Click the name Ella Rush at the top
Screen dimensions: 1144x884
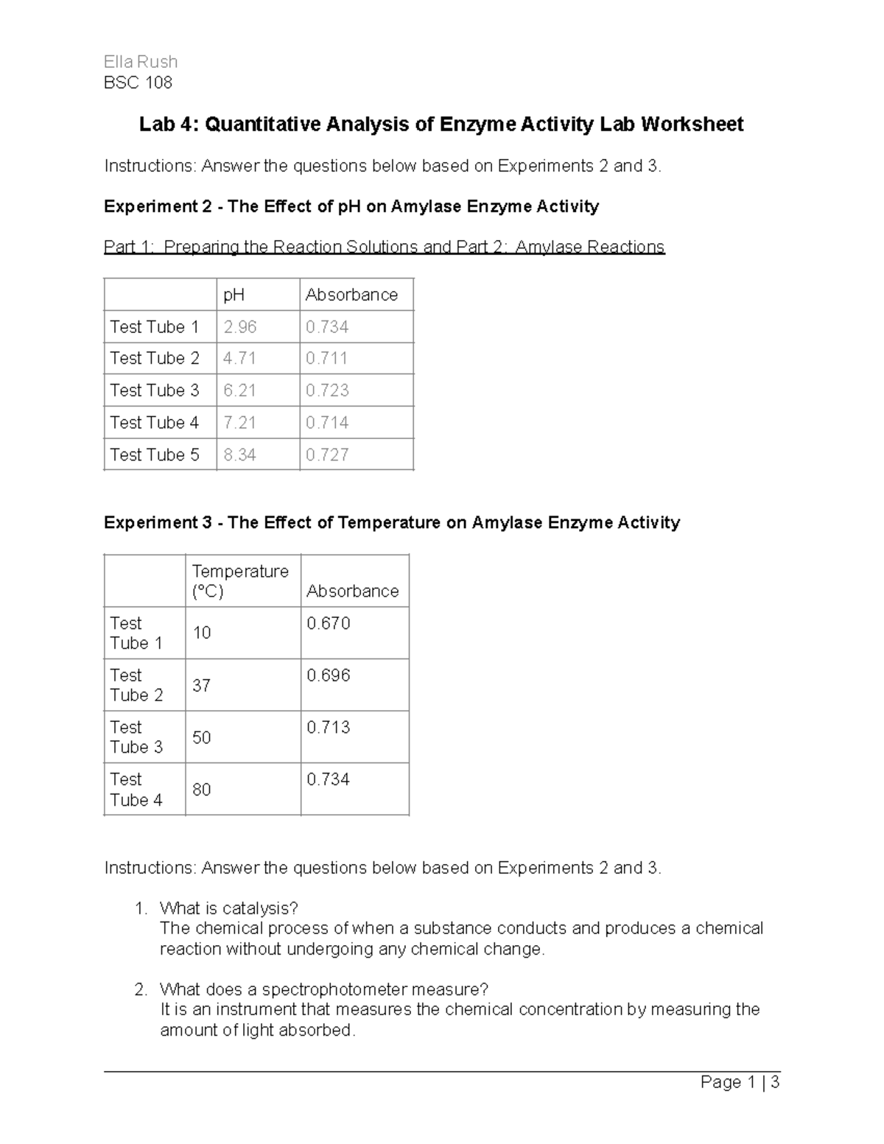141,62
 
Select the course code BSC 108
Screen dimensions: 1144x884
138,83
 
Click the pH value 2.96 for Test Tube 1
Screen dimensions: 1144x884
240,326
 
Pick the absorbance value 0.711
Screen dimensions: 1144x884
327,358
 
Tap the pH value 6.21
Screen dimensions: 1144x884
240,390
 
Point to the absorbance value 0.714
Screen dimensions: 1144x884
327,423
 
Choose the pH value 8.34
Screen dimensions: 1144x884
240,455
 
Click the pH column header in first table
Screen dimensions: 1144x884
234,295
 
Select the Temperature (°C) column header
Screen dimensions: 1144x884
240,581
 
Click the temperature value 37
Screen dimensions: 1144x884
201,685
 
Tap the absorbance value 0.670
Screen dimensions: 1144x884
329,623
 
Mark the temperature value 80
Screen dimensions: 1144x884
201,790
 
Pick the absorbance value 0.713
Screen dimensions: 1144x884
329,727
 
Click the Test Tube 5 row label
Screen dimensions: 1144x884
155,455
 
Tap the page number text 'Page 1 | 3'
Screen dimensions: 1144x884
740,1082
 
